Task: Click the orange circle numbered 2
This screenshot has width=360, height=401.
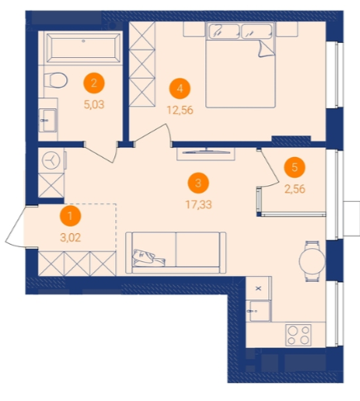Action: (x=94, y=83)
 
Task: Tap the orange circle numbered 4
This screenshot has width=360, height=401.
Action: (x=180, y=88)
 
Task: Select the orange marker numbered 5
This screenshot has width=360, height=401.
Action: (x=295, y=167)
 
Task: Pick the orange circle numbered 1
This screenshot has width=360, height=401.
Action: (x=70, y=216)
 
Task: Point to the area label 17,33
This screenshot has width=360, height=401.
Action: (x=199, y=204)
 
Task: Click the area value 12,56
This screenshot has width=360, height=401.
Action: (x=180, y=110)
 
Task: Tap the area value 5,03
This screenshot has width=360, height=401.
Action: (x=94, y=105)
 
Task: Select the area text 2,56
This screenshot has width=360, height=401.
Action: (x=295, y=189)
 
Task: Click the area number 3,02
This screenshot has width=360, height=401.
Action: (x=70, y=237)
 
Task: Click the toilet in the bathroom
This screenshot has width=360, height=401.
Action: (x=55, y=80)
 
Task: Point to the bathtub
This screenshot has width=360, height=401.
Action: (x=84, y=48)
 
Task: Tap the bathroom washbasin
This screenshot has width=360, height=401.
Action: (x=48, y=121)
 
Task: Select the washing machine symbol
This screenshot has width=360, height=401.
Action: (x=51, y=160)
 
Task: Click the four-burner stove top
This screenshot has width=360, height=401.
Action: (x=298, y=335)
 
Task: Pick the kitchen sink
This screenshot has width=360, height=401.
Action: (x=259, y=311)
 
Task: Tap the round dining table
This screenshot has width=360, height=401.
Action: (x=312, y=260)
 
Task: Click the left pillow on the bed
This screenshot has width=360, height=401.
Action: (x=224, y=31)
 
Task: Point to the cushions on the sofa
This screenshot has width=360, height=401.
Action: (x=149, y=258)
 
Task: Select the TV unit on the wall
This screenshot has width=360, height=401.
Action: (x=206, y=154)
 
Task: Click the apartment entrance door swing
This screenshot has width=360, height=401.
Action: (x=14, y=226)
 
